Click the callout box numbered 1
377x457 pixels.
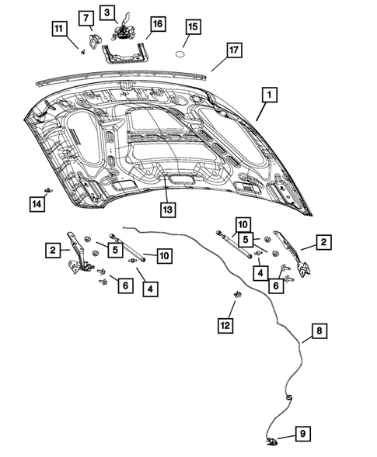(x=268, y=95)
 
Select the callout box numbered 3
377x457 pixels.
(x=107, y=12)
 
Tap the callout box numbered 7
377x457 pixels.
(x=86, y=17)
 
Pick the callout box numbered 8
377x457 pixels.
(x=317, y=332)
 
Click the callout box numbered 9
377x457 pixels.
(x=302, y=435)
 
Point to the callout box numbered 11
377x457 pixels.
(x=58, y=29)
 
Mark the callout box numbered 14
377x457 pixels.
(x=36, y=203)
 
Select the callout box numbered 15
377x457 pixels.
(x=192, y=27)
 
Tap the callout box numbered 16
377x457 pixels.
(x=157, y=25)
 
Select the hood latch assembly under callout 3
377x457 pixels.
(x=121, y=31)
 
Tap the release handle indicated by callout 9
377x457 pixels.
(x=272, y=441)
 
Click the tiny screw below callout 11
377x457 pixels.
(x=81, y=50)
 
